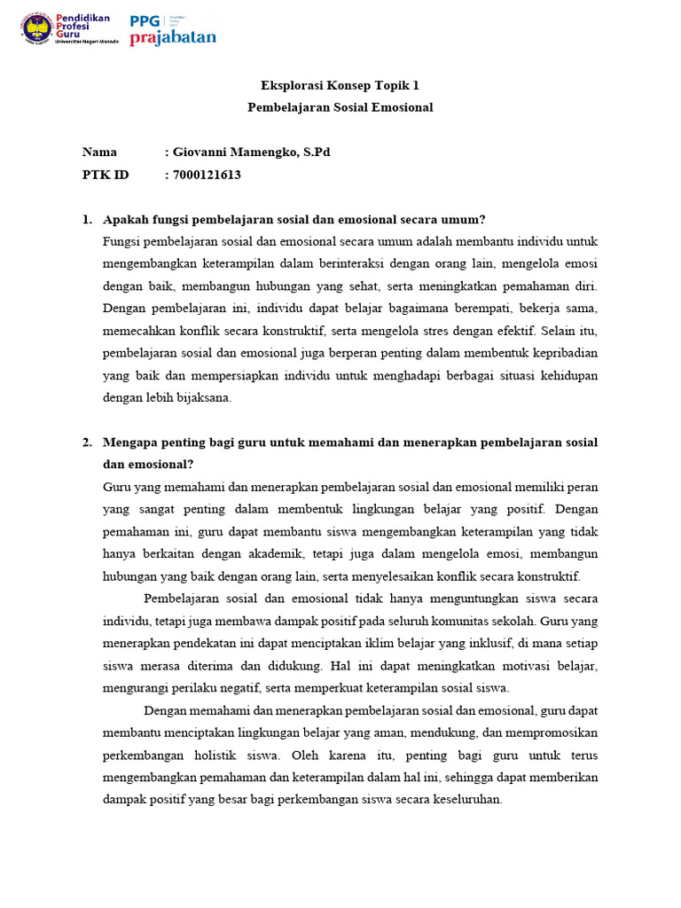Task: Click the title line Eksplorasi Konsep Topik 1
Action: tap(340, 86)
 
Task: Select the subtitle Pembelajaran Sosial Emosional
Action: tap(340, 107)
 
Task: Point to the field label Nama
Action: tap(99, 153)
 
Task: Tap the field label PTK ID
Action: tap(106, 175)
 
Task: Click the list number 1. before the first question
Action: tap(87, 220)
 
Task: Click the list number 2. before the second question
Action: tap(87, 442)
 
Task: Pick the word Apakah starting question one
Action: tap(125, 220)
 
